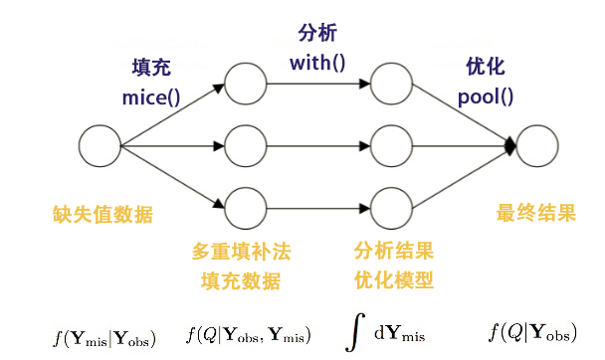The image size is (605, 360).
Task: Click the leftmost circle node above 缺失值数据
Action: [x=99, y=145]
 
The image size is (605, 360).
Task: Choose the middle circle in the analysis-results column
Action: [x=388, y=145]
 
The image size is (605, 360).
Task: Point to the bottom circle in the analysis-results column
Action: [x=388, y=208]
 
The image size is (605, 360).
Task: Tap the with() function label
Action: [x=317, y=64]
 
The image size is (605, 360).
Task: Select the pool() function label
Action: [x=486, y=98]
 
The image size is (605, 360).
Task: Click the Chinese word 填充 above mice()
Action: [x=151, y=69]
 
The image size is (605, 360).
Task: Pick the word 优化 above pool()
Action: [x=486, y=68]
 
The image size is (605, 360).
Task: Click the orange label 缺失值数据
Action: [x=103, y=214]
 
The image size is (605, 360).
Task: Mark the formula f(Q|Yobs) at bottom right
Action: [x=532, y=333]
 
